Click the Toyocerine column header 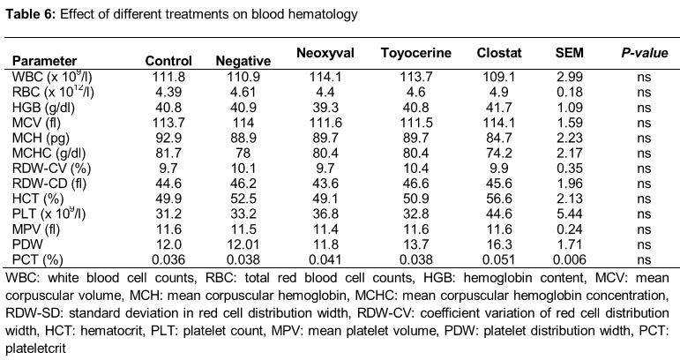click(x=416, y=53)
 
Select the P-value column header click(x=644, y=53)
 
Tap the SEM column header click(x=570, y=53)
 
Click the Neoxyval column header click(x=325, y=53)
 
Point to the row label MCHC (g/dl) click(x=49, y=154)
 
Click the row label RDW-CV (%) click(x=52, y=169)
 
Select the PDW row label click(x=27, y=244)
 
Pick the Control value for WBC click(x=168, y=77)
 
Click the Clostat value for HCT click(x=498, y=199)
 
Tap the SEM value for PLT click(x=570, y=214)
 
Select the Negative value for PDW click(x=243, y=244)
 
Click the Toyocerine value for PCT click(x=416, y=259)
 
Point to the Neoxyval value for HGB click(x=325, y=107)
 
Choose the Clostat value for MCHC click(x=498, y=154)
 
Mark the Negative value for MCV click(x=243, y=123)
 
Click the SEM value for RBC click(x=570, y=92)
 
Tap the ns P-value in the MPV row click(x=644, y=230)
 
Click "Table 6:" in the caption click(x=30, y=14)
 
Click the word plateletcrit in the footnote click(x=35, y=349)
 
